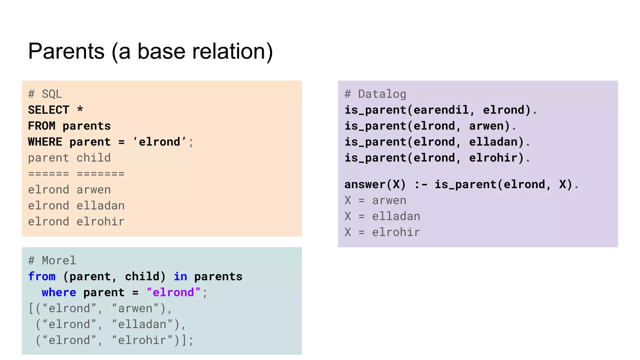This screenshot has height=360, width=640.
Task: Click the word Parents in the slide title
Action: pos(66,51)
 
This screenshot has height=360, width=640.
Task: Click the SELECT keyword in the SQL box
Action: pos(48,110)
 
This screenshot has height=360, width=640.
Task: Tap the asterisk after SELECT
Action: pos(80,109)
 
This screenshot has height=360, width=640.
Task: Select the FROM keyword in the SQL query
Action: pos(42,126)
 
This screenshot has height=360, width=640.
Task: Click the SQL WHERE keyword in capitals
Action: pos(45,142)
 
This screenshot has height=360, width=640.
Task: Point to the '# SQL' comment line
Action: pos(45,94)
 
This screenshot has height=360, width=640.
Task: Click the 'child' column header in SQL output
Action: pos(93,158)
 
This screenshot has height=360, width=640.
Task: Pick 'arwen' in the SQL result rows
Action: pos(93,190)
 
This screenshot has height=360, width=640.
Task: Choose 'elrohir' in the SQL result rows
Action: pos(100,222)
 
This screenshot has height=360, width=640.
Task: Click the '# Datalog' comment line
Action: pos(375,94)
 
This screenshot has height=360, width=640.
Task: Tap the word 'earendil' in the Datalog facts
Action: pos(441,110)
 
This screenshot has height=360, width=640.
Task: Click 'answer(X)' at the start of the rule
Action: pos(375,184)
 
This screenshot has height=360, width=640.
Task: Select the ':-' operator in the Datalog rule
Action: pos(420,184)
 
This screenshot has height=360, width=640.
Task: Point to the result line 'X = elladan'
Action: pos(382,216)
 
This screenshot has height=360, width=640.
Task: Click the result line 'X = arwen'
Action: pos(375,200)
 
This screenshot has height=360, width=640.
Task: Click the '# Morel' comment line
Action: pos(52,261)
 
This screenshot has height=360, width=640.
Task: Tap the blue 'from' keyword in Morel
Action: pos(42,277)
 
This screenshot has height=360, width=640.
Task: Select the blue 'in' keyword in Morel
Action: pos(180,277)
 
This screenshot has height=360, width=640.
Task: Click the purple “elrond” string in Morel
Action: pos(173,292)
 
